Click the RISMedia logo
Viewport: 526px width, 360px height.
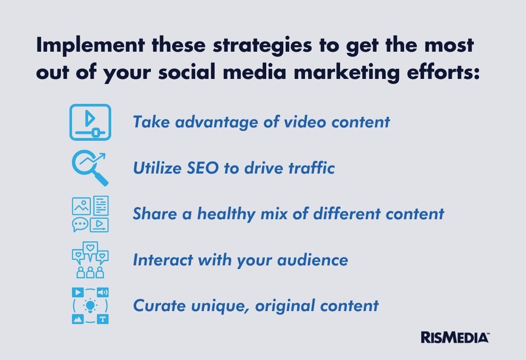click(x=455, y=337)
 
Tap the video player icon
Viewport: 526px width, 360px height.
click(x=90, y=122)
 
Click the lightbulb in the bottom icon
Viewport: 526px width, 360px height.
click(x=90, y=306)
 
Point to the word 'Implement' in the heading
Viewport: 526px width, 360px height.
click(x=90, y=45)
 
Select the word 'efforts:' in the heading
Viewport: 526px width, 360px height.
click(x=443, y=72)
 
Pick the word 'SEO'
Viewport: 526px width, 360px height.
click(x=203, y=168)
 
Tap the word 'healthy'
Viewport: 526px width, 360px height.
click(x=226, y=214)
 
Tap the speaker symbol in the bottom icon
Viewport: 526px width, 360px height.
click(x=102, y=292)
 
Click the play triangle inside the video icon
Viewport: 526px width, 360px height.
click(x=90, y=118)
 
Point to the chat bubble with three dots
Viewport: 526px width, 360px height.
click(x=80, y=224)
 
